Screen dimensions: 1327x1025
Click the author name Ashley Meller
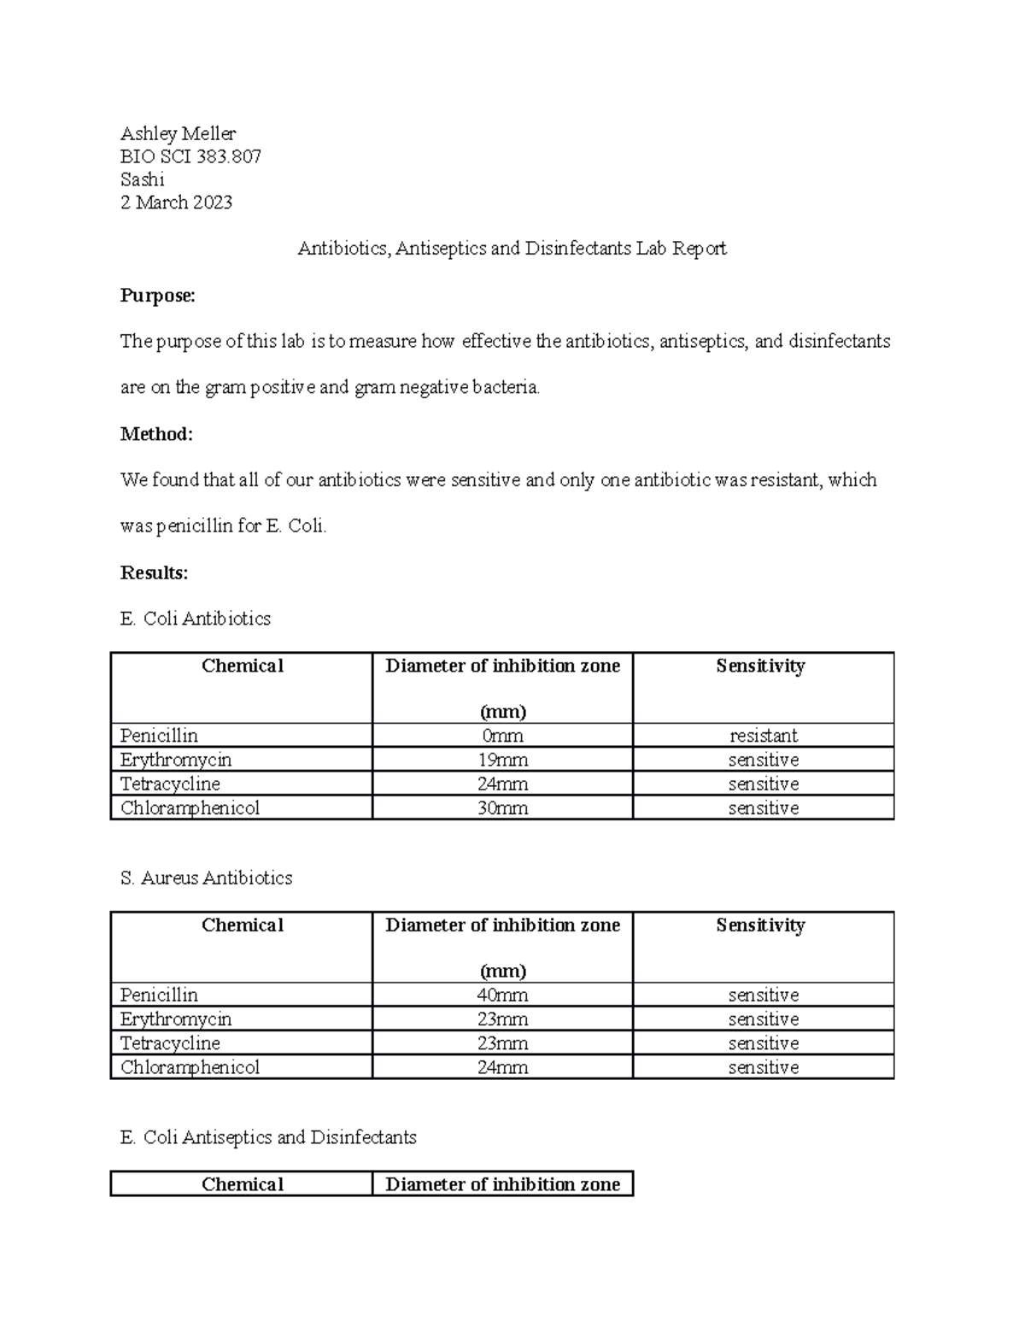(178, 133)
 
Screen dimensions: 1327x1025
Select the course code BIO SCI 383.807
(190, 156)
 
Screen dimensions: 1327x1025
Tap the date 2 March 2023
(176, 203)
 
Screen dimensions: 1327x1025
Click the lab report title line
(512, 249)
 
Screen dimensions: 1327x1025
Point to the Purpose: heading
(158, 296)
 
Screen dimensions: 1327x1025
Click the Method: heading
(156, 434)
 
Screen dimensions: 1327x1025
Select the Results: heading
(154, 572)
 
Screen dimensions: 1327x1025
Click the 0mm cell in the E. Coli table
(502, 736)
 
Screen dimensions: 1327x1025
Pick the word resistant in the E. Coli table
(763, 736)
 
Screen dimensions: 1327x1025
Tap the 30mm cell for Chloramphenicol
(502, 807)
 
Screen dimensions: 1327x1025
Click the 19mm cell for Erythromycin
(502, 760)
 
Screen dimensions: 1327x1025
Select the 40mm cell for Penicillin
(502, 995)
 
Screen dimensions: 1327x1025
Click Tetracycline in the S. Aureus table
(170, 1043)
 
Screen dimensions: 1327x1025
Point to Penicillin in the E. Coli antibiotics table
(159, 736)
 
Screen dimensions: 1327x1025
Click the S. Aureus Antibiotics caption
(206, 878)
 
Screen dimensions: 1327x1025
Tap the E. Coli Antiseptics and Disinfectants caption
(268, 1137)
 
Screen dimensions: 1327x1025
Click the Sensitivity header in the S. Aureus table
(760, 925)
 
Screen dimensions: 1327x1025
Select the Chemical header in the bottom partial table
(242, 1184)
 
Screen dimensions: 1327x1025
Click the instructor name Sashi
(142, 179)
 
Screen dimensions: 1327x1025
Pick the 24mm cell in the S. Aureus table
(502, 1067)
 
